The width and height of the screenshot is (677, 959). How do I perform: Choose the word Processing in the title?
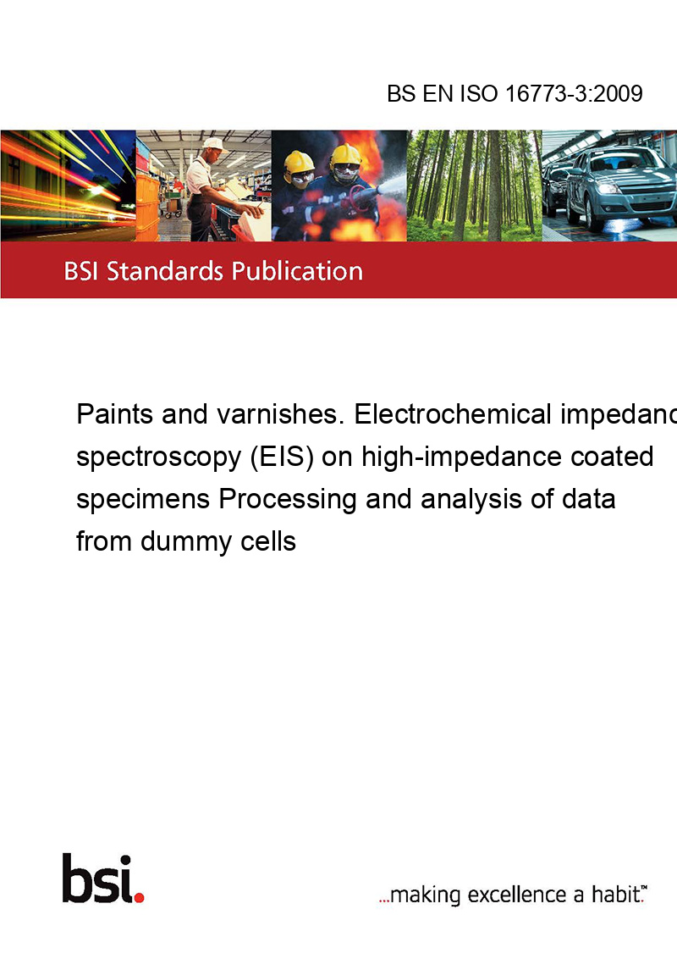288,500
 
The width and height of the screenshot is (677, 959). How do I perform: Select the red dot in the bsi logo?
139,895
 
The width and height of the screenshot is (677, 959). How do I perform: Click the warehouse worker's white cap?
215,142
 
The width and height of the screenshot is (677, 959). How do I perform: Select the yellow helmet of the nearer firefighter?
345,154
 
